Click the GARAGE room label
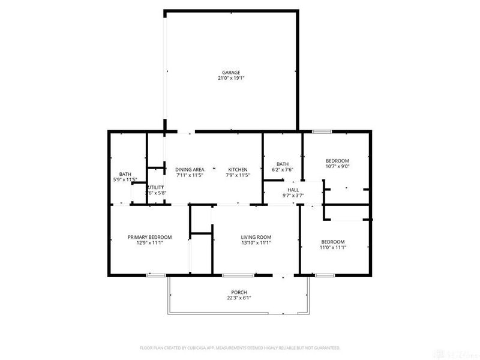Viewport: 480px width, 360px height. (232, 73)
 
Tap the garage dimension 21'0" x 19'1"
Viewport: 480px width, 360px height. (232, 79)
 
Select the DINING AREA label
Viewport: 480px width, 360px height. (190, 169)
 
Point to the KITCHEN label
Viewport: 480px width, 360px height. (237, 169)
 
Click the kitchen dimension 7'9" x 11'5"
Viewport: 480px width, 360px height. (237, 176)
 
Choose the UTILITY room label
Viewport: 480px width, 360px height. (155, 187)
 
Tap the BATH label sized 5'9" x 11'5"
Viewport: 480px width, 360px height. (125, 174)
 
